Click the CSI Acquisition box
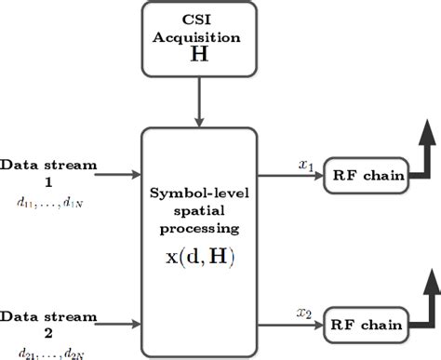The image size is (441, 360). coord(197,38)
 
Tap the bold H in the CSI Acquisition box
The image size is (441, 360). coord(198,56)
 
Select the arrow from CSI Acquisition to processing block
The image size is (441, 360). coord(198,101)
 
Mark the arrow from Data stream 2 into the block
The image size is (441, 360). coord(110,326)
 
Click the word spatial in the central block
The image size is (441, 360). coord(198,211)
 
